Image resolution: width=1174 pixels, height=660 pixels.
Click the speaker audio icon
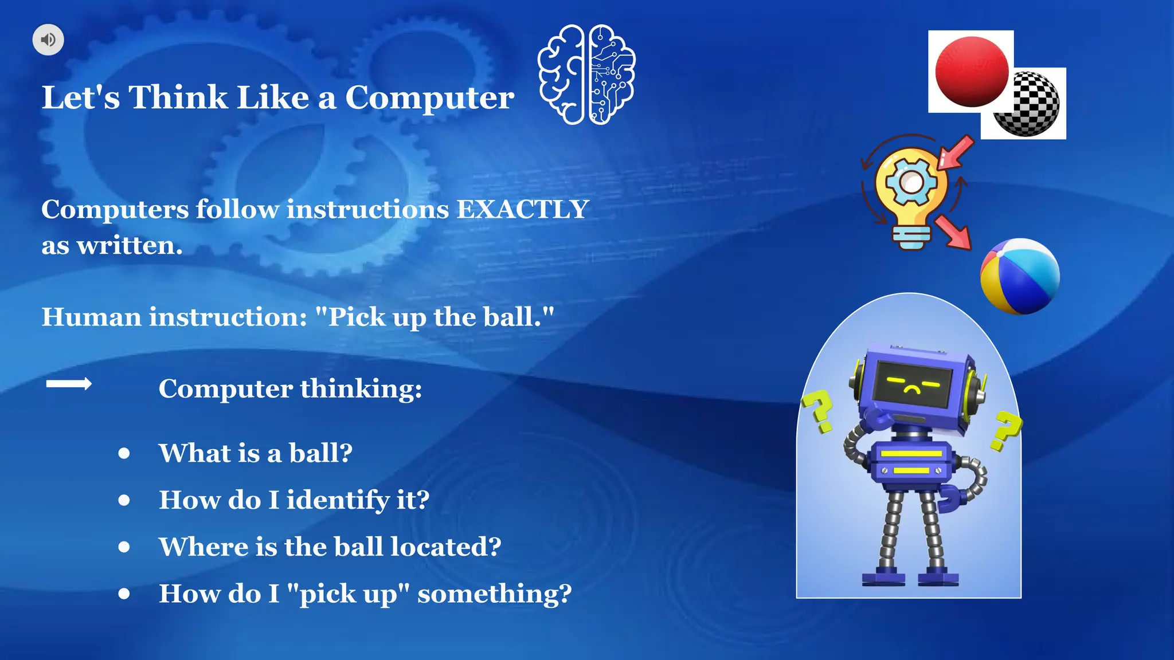pyautogui.click(x=48, y=40)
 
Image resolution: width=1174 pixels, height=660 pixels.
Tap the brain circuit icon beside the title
pyautogui.click(x=586, y=74)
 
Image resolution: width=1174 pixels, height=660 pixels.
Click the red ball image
pyautogui.click(x=972, y=72)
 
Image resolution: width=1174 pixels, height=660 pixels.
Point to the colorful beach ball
pyautogui.click(x=1020, y=277)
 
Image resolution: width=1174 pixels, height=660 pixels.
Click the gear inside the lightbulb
pyautogui.click(x=911, y=183)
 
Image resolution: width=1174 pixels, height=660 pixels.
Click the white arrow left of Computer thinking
pyautogui.click(x=69, y=384)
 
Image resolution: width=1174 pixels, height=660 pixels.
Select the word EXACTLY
pyautogui.click(x=522, y=209)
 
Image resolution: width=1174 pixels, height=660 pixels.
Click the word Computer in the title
pyautogui.click(x=429, y=97)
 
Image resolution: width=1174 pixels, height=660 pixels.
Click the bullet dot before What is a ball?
pyautogui.click(x=124, y=453)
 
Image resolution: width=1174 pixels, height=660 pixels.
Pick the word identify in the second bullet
pyautogui.click(x=338, y=500)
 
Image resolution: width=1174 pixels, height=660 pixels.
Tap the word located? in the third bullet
pyautogui.click(x=446, y=547)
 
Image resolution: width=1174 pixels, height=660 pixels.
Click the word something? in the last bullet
pyautogui.click(x=494, y=594)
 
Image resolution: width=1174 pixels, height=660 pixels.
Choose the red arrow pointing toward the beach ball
pyautogui.click(x=953, y=232)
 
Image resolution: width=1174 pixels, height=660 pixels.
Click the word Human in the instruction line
pyautogui.click(x=91, y=317)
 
